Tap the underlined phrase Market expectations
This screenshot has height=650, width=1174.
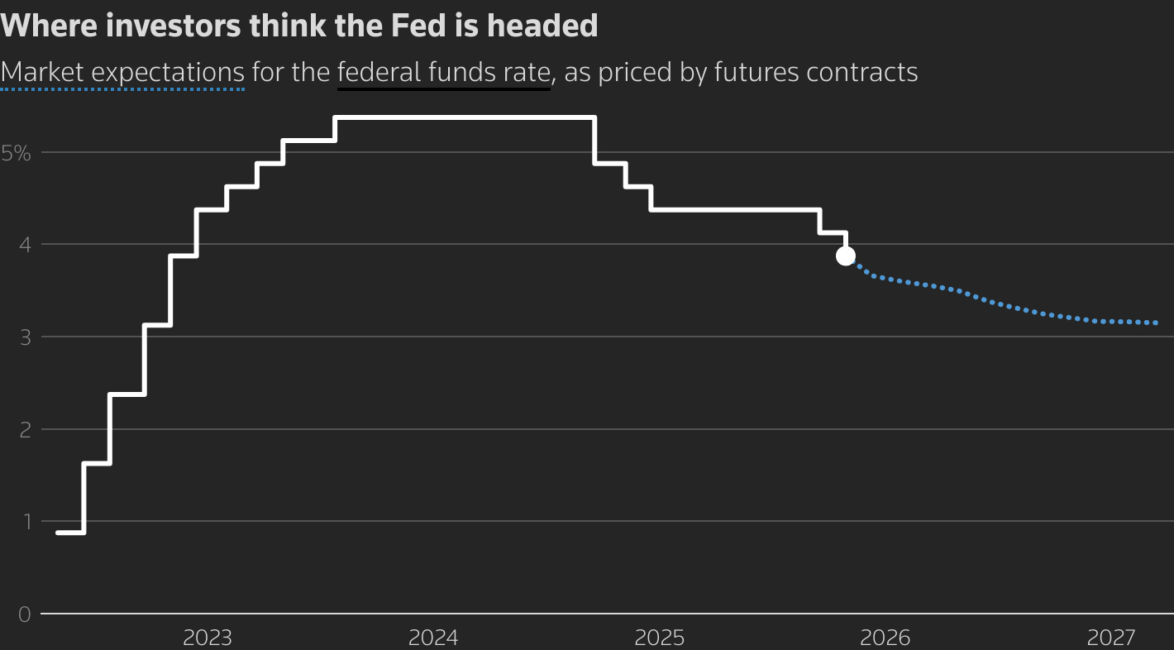tap(122, 73)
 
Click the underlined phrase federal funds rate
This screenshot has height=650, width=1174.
tap(443, 73)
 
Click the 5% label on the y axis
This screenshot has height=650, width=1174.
tap(16, 152)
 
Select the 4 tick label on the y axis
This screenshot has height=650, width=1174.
tap(24, 245)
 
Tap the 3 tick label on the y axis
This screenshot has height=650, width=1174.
tap(24, 337)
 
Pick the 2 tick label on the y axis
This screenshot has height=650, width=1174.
tap(24, 429)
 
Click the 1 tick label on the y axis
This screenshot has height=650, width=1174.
tap(25, 522)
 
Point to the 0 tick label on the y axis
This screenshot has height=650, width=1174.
tap(24, 614)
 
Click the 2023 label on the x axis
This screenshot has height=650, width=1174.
tap(208, 638)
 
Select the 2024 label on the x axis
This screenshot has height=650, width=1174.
tap(433, 638)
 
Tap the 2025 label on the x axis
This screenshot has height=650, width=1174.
tap(659, 638)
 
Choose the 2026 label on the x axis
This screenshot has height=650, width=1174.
tap(885, 638)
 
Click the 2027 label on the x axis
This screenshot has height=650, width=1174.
tap(1111, 638)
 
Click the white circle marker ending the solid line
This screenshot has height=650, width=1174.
tap(845, 256)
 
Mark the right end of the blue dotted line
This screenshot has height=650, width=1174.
tap(1155, 323)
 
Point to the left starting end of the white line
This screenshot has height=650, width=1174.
tap(58, 533)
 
